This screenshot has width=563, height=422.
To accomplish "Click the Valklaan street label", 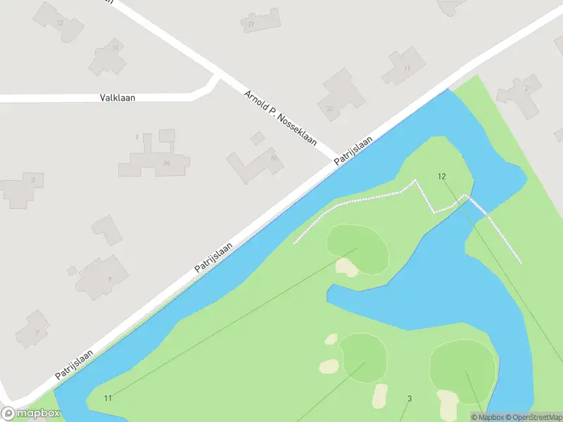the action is pyautogui.click(x=118, y=98).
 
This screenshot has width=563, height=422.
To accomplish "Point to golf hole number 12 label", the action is pyautogui.click(x=441, y=176).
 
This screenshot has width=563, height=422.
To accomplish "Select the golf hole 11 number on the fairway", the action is pyautogui.click(x=108, y=399).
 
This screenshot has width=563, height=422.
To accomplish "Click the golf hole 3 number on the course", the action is pyautogui.click(x=409, y=399).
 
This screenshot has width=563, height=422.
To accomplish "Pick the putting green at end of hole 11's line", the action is pyautogui.click(x=358, y=248).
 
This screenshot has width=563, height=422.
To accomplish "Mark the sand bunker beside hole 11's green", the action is pyautogui.click(x=346, y=267).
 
